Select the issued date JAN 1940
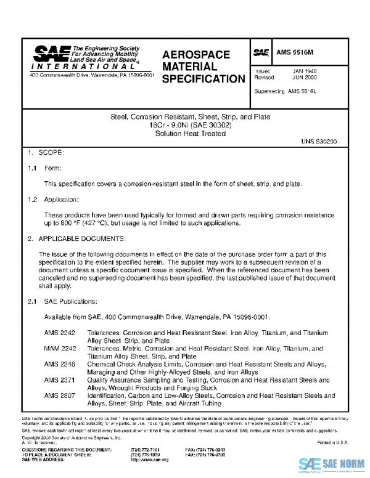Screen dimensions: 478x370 click(305, 71)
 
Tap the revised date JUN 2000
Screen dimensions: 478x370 click(305, 78)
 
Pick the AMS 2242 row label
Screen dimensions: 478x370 click(59, 332)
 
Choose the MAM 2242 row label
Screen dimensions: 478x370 click(59, 348)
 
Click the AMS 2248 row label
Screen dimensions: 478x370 click(59, 364)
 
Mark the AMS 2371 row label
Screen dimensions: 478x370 click(59, 380)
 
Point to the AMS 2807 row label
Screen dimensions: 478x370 click(59, 396)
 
